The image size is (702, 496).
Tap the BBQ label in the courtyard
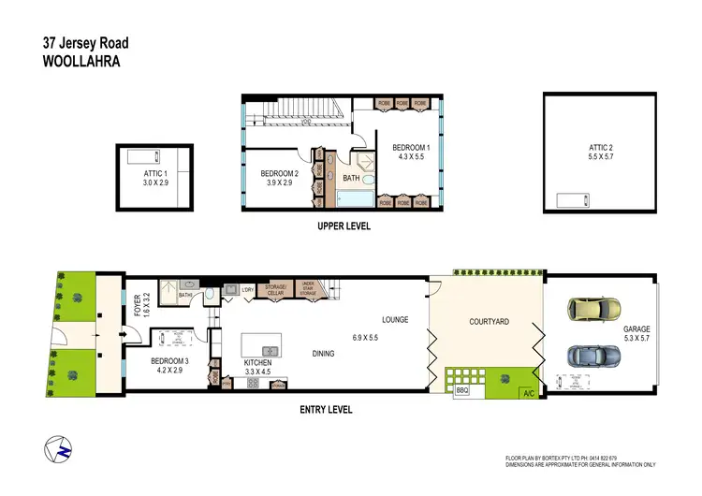(461, 391)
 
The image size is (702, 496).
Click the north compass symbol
(58, 448)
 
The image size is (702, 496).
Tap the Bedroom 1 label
(410, 148)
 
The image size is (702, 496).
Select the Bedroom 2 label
(279, 173)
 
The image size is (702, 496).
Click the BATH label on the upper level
(351, 177)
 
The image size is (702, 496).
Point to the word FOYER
(138, 305)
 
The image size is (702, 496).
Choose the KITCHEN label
(257, 362)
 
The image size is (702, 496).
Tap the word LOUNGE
(394, 319)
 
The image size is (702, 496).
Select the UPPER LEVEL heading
(343, 226)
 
